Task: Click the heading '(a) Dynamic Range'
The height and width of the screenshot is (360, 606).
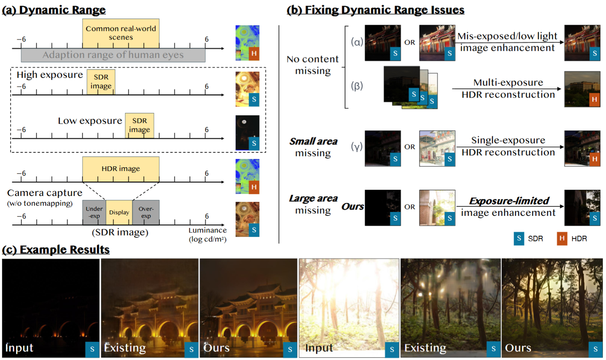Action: (x=54, y=10)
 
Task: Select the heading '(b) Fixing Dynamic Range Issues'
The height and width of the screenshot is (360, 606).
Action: (x=375, y=10)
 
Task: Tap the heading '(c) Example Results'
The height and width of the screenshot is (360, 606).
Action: (x=56, y=250)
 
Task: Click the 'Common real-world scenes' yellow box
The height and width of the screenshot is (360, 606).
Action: (x=121, y=33)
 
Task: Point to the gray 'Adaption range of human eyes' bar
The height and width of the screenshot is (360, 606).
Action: (x=113, y=55)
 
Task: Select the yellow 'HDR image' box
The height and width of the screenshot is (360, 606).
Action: (x=121, y=169)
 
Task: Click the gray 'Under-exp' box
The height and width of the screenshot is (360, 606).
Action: (x=94, y=212)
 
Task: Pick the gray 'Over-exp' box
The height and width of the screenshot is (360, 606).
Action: (x=146, y=212)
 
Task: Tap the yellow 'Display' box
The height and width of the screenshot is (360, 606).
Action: (x=119, y=212)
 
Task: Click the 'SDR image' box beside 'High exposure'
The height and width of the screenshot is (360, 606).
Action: (x=101, y=82)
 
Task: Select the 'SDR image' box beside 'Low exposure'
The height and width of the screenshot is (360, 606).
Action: (x=139, y=125)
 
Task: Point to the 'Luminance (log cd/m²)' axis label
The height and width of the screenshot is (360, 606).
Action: (x=207, y=235)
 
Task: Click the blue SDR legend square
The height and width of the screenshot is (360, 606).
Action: (x=519, y=238)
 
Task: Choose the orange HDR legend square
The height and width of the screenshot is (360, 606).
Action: (x=562, y=238)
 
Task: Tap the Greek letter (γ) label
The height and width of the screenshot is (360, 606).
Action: (x=356, y=146)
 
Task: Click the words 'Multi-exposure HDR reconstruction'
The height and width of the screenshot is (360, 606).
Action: (x=508, y=89)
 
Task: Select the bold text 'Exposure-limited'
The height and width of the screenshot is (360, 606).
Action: (x=509, y=201)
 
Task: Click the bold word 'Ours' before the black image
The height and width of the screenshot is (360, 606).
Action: (x=353, y=207)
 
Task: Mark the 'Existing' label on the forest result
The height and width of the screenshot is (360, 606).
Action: (x=425, y=348)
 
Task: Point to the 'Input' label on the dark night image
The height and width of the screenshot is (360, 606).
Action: (x=19, y=348)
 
